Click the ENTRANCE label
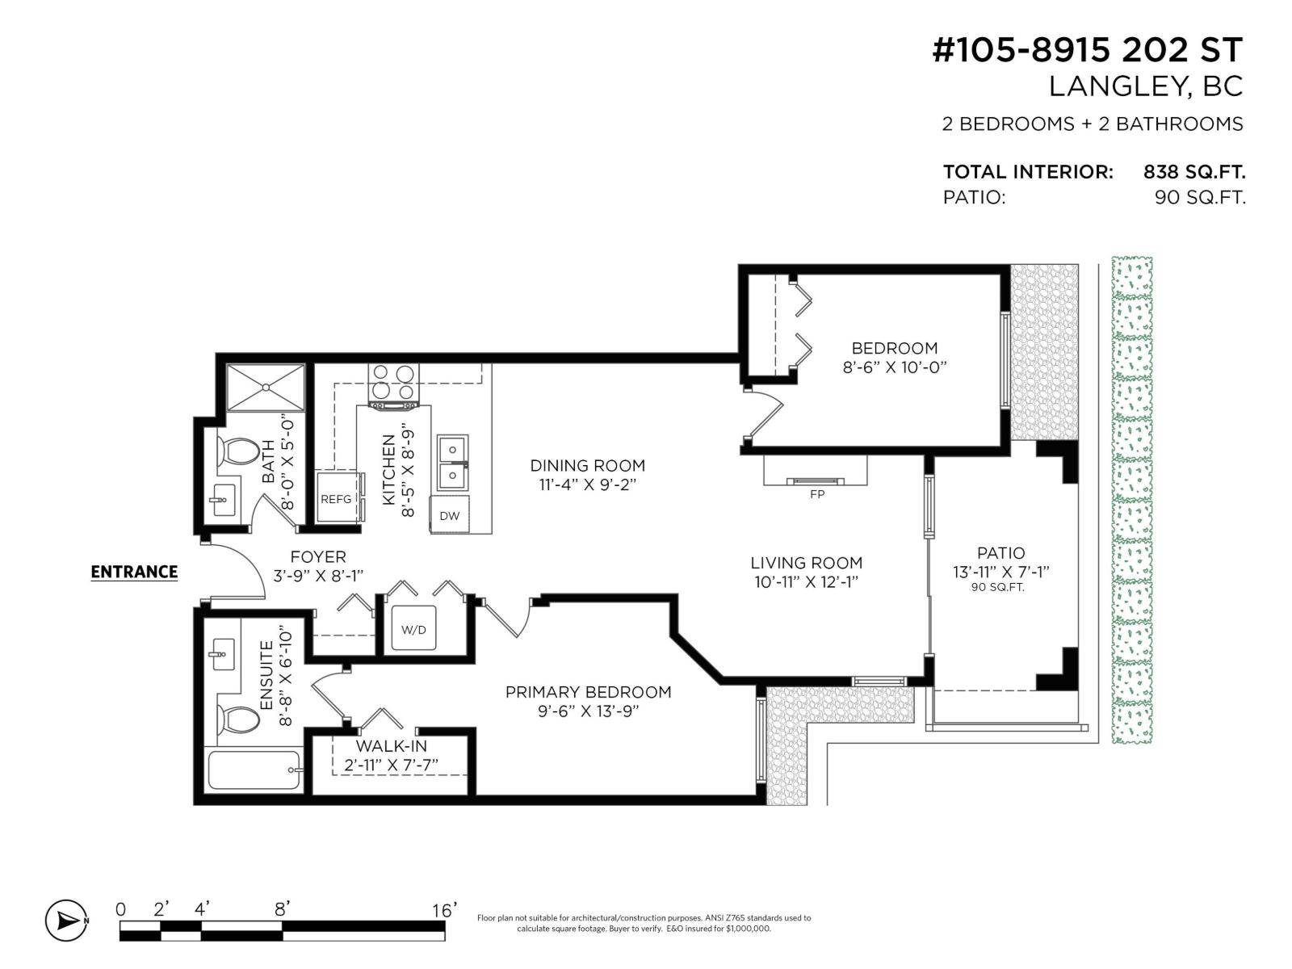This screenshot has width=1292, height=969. coord(134,572)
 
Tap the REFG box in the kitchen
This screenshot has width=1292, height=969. coord(336,499)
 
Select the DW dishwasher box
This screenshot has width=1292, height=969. coord(450,516)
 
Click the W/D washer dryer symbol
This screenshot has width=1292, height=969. coord(413,629)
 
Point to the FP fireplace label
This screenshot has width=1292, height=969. coord(816,494)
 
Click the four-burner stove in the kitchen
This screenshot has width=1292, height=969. coord(393,384)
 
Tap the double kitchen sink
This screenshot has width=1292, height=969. coord(452,464)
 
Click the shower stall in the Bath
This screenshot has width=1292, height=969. coord(266,388)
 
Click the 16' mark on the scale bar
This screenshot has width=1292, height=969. coord(444,910)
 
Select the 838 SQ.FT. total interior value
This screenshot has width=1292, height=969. coord(1193,172)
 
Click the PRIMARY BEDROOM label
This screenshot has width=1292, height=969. coord(588,692)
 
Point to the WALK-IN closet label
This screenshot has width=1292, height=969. coord(392,746)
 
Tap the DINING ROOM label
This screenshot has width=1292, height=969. coord(587,465)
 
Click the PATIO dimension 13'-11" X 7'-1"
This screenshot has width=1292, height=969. coord(1000,573)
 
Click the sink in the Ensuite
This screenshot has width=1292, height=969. coord(220,650)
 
